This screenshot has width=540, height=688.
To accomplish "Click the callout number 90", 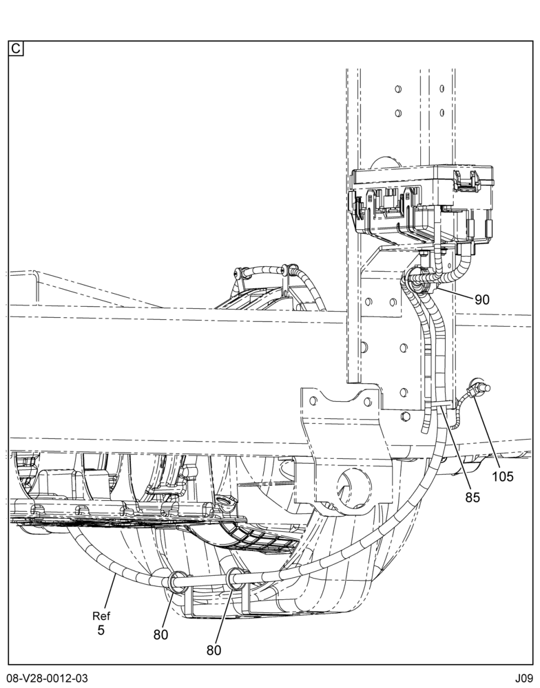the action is click(482, 299).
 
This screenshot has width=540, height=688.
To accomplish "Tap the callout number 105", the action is click(503, 476).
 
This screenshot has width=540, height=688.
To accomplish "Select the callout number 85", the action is click(473, 497).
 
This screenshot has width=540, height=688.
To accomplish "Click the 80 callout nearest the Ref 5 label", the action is click(160, 634).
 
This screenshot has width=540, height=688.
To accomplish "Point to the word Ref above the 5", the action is click(101, 616).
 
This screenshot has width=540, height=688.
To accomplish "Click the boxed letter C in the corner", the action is click(16, 48).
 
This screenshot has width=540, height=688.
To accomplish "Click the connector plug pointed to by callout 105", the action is click(479, 388).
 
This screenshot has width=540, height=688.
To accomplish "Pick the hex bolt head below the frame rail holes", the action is click(406, 416).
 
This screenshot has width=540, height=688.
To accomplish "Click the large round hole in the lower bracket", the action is click(354, 487).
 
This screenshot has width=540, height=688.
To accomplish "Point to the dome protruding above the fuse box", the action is click(386, 162).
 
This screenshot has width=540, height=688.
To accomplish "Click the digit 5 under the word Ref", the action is click(101, 630).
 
